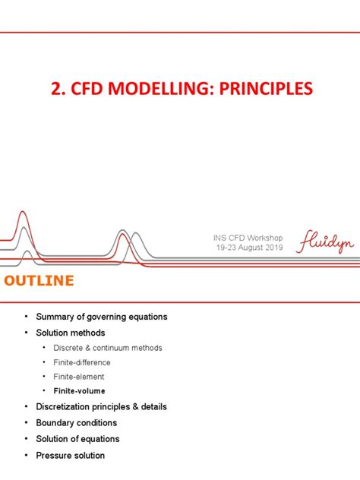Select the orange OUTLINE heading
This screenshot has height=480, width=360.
(39, 281)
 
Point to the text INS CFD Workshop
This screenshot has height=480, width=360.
(248, 238)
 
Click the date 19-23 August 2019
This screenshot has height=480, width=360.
(248, 248)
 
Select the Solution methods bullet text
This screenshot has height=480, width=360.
(70, 333)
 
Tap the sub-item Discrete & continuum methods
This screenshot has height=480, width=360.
(107, 348)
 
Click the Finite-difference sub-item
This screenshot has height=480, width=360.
(82, 362)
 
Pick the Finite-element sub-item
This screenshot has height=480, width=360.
(79, 377)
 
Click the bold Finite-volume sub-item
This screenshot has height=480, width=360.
(79, 391)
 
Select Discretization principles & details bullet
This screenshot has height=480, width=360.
(101, 406)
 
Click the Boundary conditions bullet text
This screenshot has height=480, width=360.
(76, 422)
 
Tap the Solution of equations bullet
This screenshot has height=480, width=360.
(77, 438)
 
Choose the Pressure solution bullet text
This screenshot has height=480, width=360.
(70, 455)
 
